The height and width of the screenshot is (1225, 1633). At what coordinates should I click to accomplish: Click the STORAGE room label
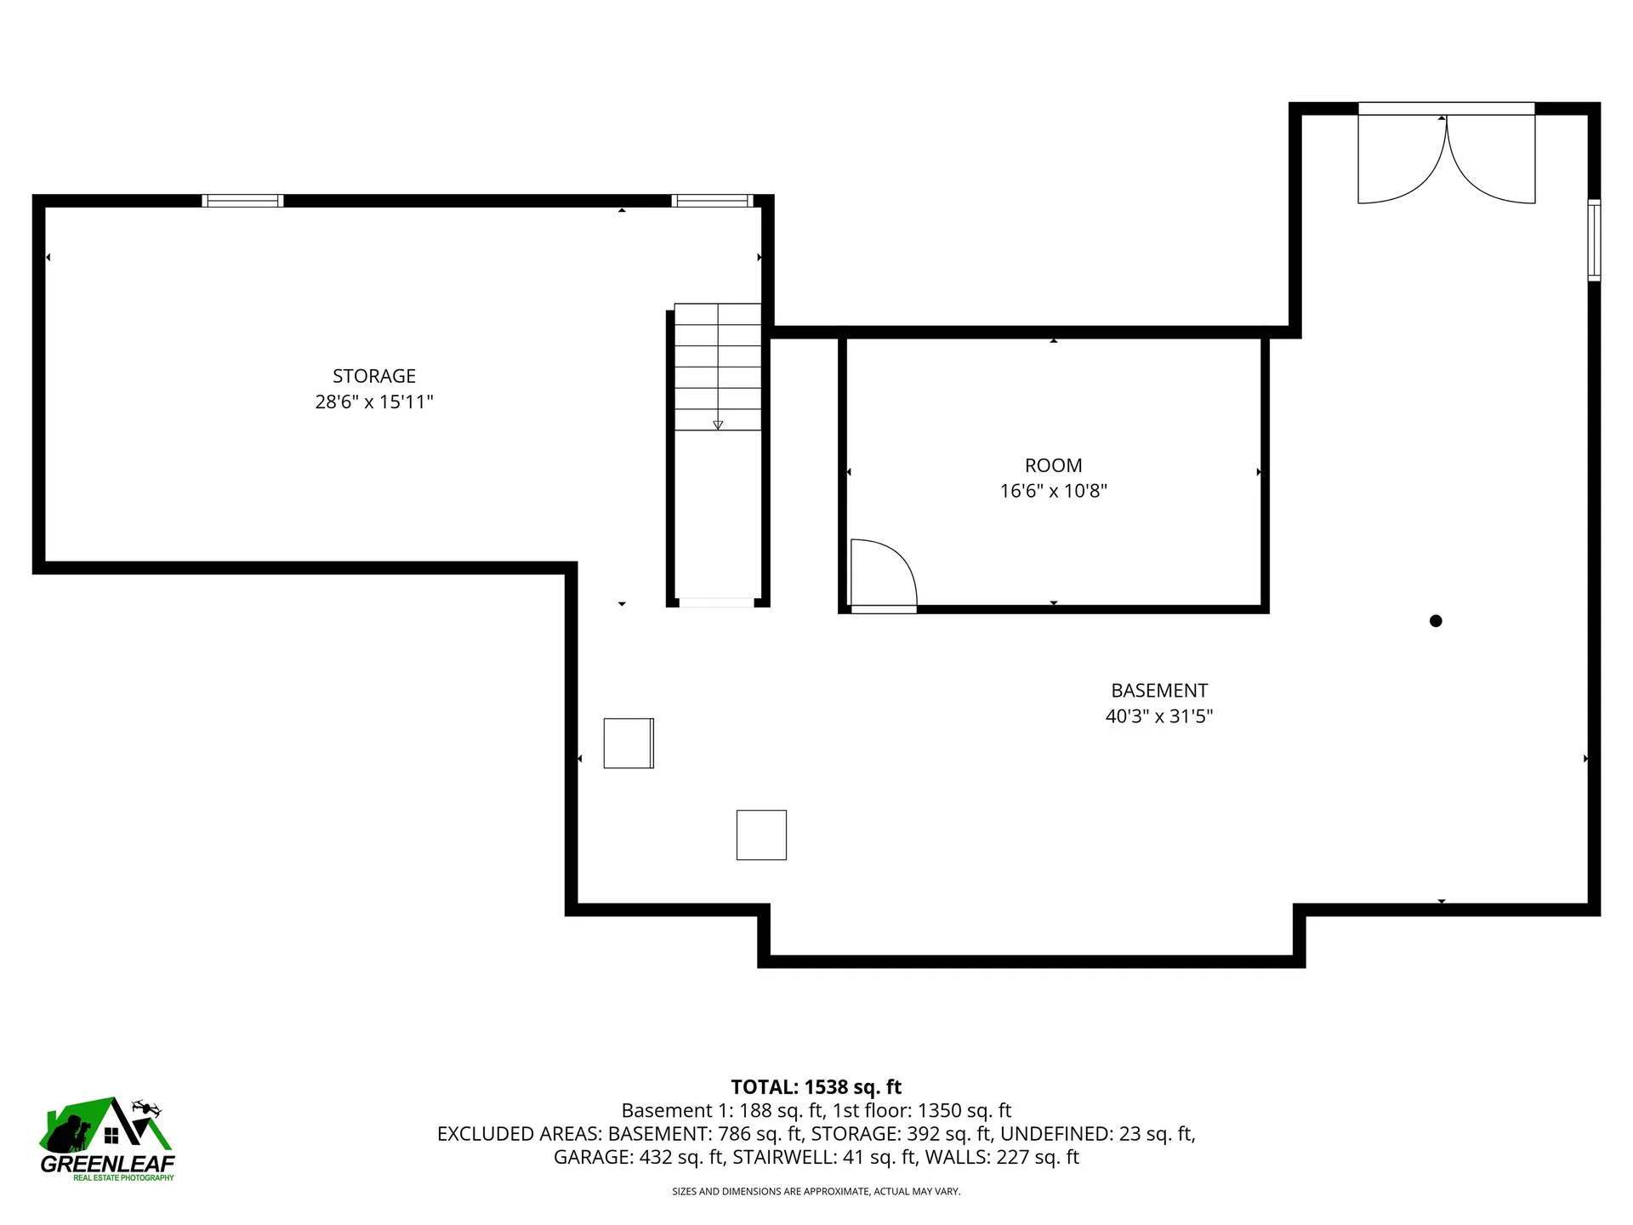coord(374,376)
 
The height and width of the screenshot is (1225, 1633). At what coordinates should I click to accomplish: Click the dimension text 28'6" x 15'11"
coord(374,402)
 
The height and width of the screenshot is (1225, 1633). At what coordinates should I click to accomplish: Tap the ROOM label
coord(1053,465)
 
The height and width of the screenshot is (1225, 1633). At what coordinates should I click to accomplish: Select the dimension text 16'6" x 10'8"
coord(1053,491)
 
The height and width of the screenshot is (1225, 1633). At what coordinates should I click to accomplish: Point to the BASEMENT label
coord(1159,691)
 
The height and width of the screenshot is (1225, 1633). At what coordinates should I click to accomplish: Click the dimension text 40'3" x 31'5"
coord(1159,716)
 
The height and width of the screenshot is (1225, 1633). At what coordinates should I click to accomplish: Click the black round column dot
coord(1436,621)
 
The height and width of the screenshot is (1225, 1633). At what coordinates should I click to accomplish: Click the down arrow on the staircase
coord(718,424)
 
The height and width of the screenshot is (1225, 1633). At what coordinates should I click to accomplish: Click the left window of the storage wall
coord(242,201)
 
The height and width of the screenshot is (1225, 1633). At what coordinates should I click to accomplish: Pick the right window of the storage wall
coord(712,201)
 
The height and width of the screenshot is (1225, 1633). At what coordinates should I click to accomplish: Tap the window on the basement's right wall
coord(1595,240)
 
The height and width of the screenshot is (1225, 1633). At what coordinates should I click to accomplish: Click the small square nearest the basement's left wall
coord(629,744)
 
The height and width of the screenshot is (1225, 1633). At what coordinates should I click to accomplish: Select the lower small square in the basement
coord(761,835)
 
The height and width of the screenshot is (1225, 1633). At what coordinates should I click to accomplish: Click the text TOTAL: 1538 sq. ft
coord(816,1086)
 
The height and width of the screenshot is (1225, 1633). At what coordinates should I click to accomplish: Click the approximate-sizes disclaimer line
coord(816,1192)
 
